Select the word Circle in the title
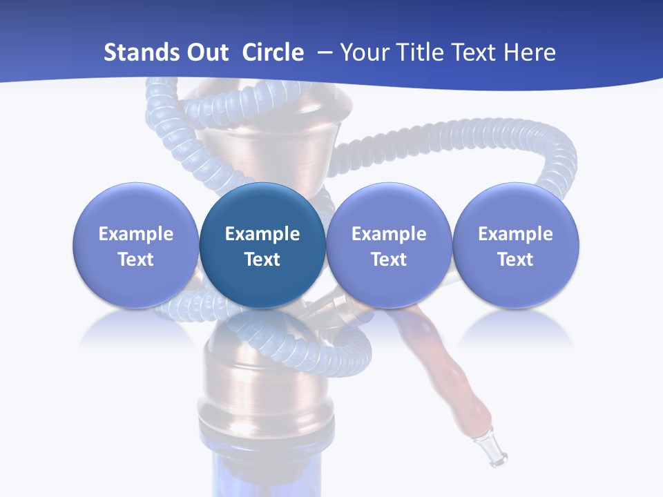[x=273, y=52]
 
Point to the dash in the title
[x=323, y=53]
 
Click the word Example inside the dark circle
[x=262, y=234]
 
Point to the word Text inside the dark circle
[x=262, y=260]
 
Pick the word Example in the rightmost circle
[x=515, y=234]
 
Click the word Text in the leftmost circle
[x=135, y=260]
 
